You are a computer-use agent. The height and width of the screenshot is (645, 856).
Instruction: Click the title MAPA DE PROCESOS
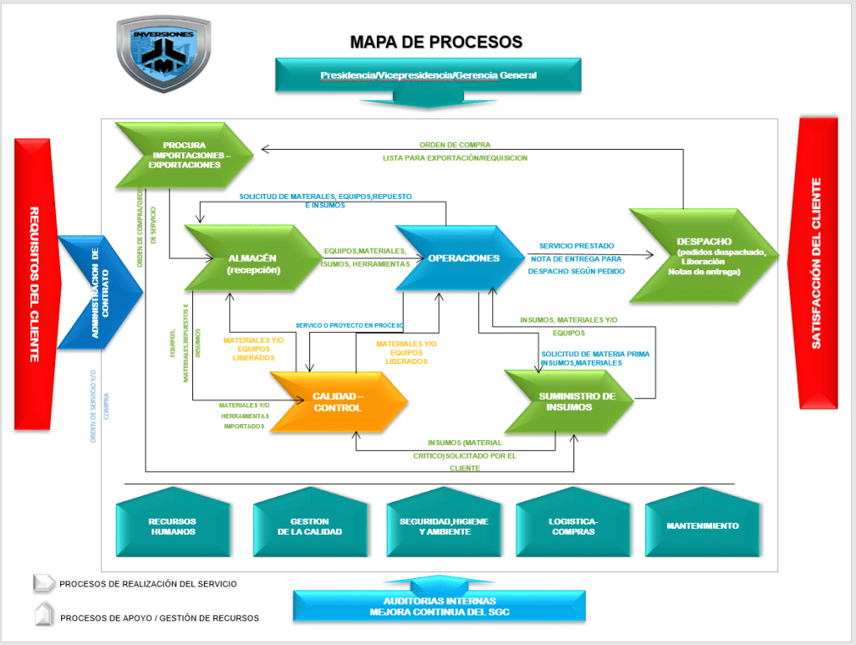click(x=436, y=42)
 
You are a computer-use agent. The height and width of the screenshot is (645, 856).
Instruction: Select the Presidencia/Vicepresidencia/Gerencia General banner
click(x=428, y=75)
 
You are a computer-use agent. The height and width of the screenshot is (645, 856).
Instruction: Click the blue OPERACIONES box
click(x=463, y=259)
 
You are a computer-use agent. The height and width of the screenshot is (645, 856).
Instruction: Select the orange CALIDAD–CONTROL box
click(x=338, y=402)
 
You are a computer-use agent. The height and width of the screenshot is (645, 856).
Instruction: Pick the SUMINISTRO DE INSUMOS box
click(x=576, y=402)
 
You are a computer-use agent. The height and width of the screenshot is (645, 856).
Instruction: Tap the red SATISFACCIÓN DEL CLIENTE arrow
click(x=817, y=263)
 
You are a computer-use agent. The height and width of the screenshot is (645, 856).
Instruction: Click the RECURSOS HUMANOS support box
click(x=172, y=526)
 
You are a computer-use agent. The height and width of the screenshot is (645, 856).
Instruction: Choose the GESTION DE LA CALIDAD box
click(x=309, y=526)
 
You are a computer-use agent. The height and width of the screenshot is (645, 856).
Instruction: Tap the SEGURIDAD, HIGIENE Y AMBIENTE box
click(x=443, y=526)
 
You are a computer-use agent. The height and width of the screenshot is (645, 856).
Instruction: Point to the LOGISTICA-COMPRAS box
click(x=573, y=526)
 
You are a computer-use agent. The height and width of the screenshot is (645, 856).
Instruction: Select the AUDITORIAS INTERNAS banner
click(x=439, y=605)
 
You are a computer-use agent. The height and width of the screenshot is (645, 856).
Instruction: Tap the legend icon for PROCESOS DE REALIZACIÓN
click(x=43, y=583)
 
